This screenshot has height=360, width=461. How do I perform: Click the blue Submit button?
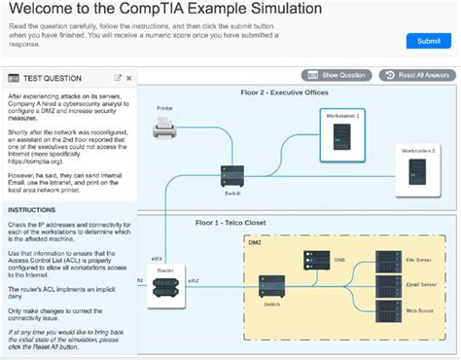428,41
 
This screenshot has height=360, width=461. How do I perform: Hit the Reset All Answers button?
417,75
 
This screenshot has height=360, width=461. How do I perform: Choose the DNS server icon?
316,262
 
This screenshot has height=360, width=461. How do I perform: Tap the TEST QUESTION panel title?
50,78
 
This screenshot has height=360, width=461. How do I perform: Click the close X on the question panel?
128,78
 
